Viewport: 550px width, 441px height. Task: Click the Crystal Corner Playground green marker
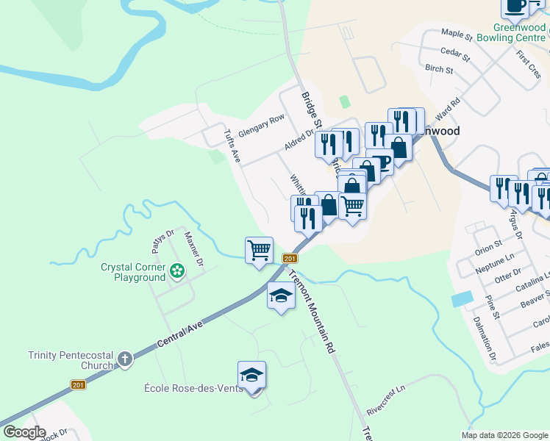point(177,272)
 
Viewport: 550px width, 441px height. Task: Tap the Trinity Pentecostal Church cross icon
point(125,359)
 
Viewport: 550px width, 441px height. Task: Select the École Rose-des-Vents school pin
point(251,375)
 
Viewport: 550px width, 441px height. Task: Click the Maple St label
point(456,34)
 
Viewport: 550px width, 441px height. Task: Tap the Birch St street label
point(439,69)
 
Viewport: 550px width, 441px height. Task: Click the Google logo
point(24,432)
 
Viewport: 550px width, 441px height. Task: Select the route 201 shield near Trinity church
point(79,385)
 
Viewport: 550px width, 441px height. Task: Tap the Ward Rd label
point(447,109)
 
